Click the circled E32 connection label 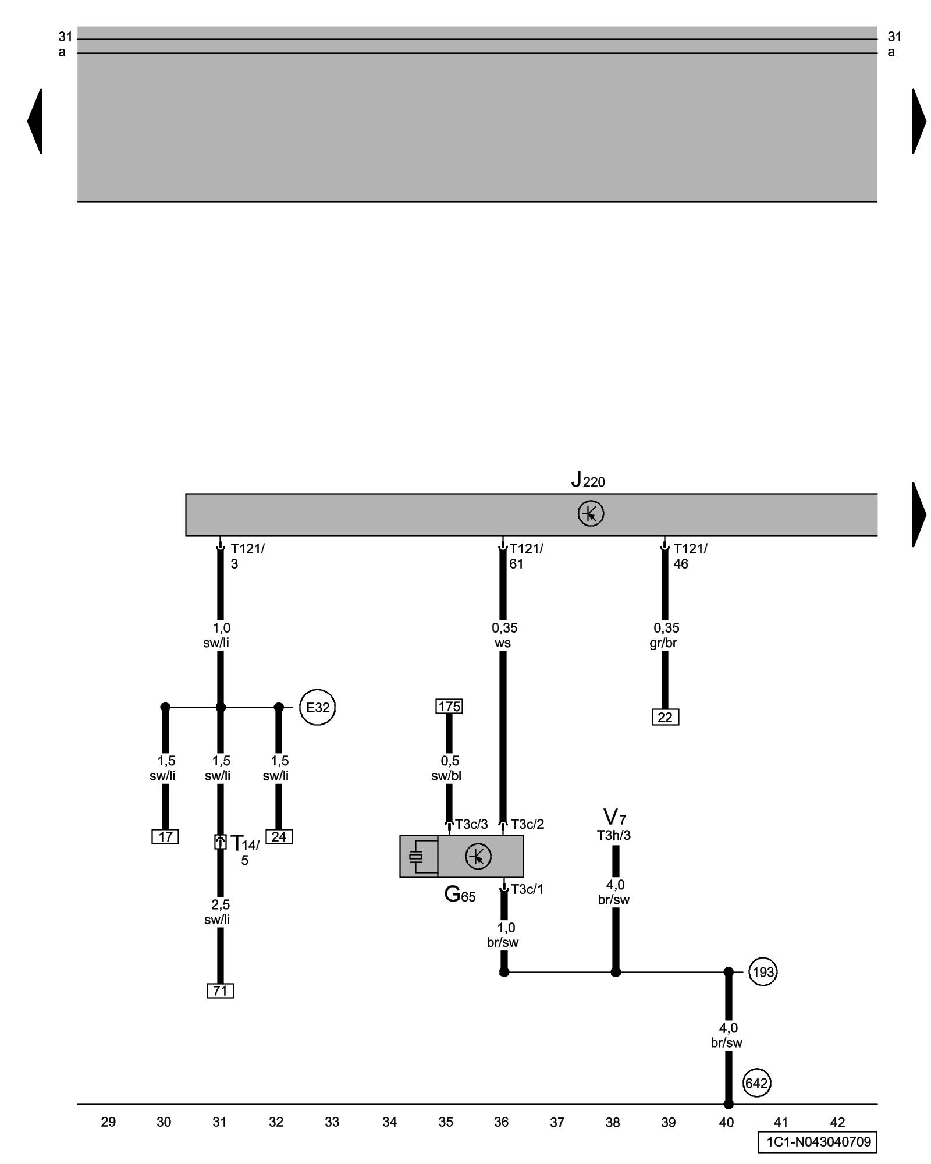pyautogui.click(x=317, y=707)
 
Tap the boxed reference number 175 pyautogui.click(x=449, y=706)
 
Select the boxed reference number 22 pyautogui.click(x=665, y=717)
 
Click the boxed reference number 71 pyautogui.click(x=220, y=990)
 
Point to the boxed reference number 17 pyautogui.click(x=165, y=836)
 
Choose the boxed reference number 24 pyautogui.click(x=279, y=836)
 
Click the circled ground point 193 pyautogui.click(x=763, y=972)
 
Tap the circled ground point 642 pyautogui.click(x=756, y=1083)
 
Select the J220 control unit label pyautogui.click(x=588, y=480)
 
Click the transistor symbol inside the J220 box pyautogui.click(x=591, y=514)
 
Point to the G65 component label pyautogui.click(x=460, y=894)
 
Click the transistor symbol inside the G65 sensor pyautogui.click(x=478, y=856)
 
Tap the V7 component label pyautogui.click(x=614, y=817)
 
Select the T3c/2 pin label pyautogui.click(x=527, y=824)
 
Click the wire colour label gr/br pyautogui.click(x=663, y=643)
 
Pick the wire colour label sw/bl pyautogui.click(x=446, y=776)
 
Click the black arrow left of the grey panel pyautogui.click(x=35, y=121)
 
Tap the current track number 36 pyautogui.click(x=501, y=1122)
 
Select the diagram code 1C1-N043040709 pyautogui.click(x=818, y=1141)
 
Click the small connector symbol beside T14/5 pyautogui.click(x=220, y=842)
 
